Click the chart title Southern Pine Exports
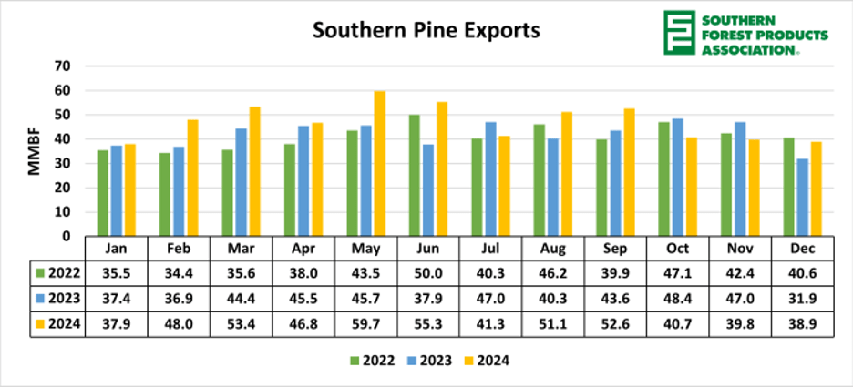point(426,31)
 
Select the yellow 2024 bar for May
point(379,164)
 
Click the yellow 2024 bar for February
point(193,178)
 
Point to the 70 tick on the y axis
point(62,66)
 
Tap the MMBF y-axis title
point(35,152)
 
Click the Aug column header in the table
point(552,248)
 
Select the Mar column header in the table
point(241,248)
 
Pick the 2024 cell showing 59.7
point(365,326)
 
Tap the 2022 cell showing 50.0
point(427,271)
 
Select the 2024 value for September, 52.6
point(614,326)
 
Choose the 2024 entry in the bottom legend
point(485,360)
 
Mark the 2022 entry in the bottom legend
point(371,360)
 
